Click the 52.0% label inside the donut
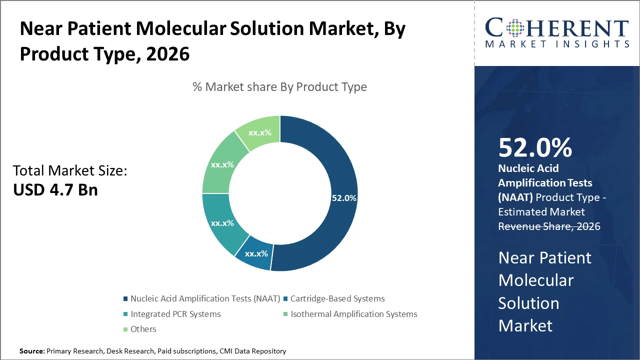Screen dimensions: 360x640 pyautogui.click(x=344, y=198)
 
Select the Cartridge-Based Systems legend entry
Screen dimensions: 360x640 pyautogui.click(x=337, y=298)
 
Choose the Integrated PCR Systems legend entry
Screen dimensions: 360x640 pyautogui.click(x=175, y=314)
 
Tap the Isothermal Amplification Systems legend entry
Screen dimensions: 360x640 pyautogui.click(x=353, y=314)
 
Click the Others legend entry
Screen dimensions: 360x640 pyautogui.click(x=143, y=329)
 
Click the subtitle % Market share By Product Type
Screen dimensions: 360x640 pyautogui.click(x=279, y=87)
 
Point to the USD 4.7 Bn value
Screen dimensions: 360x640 pyautogui.click(x=55, y=189)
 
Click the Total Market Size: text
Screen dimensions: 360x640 pyautogui.click(x=70, y=171)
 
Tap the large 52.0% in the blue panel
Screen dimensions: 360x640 pyautogui.click(x=535, y=147)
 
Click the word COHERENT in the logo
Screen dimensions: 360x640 pyautogui.click(x=557, y=28)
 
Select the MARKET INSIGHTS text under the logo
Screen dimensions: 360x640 pyautogui.click(x=557, y=44)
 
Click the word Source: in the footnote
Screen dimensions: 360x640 pyautogui.click(x=32, y=351)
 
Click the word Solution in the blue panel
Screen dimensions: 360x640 pyautogui.click(x=528, y=303)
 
